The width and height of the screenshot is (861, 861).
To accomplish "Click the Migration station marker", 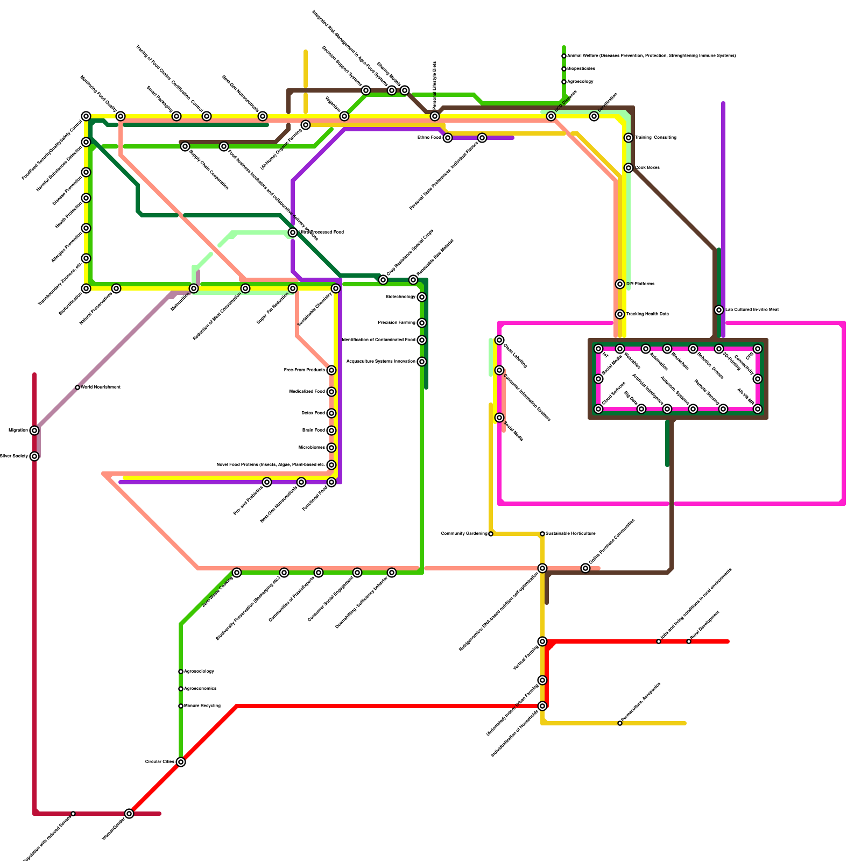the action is [x=34, y=430].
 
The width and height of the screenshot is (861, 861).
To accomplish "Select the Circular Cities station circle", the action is [x=181, y=762].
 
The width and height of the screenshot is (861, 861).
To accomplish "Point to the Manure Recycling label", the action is [x=202, y=706].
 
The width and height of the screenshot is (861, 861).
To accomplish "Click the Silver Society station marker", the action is [x=34, y=456].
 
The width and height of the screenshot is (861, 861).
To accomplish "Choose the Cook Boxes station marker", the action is [x=629, y=168].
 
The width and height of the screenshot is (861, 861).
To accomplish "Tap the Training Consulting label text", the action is [x=655, y=138].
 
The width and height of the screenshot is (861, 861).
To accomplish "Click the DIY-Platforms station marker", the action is [x=620, y=284].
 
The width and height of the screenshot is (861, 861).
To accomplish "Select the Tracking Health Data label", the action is [x=647, y=314].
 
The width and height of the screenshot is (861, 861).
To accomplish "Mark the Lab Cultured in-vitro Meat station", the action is [x=719, y=310].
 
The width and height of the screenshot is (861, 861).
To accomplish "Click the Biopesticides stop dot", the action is [x=564, y=69].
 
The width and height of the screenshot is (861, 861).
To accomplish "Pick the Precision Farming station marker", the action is [x=422, y=323].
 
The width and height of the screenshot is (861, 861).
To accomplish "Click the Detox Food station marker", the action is [x=331, y=413].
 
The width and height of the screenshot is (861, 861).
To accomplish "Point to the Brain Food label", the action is [x=314, y=430].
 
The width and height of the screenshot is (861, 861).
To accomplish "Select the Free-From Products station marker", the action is [x=331, y=370].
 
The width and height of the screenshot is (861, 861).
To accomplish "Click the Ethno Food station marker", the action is [x=448, y=138].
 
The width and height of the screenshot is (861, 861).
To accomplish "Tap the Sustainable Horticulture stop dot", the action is [x=542, y=534].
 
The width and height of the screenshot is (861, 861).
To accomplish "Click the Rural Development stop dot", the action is [x=689, y=641].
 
